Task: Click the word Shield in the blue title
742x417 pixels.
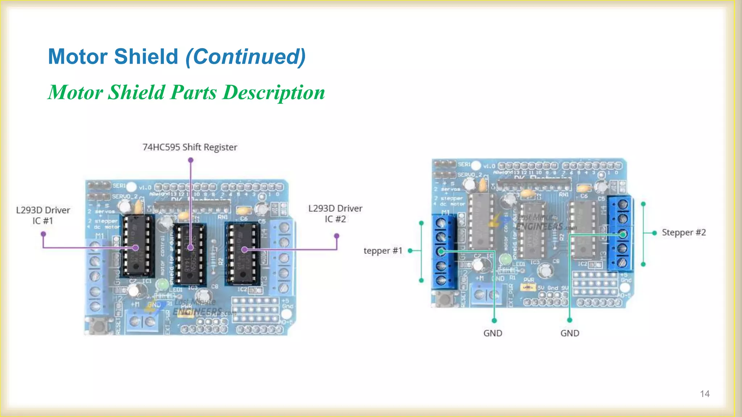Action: coord(146,57)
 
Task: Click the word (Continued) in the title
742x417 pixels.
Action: coord(246,57)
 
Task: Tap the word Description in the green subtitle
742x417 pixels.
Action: coord(274,92)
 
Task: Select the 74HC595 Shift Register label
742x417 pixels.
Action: coord(190,147)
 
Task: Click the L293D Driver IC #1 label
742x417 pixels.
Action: coord(43,215)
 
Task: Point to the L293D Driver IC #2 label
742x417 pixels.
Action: coord(335,214)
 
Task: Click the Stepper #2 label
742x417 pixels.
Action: coord(684,232)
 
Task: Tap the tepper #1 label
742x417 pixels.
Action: coord(383,251)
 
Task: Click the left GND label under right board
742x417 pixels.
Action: coord(493,333)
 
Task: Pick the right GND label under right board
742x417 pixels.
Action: coord(570,333)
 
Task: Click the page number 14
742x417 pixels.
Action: coord(705,394)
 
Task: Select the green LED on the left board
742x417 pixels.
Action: coord(162,285)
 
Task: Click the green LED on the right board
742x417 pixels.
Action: coord(505,259)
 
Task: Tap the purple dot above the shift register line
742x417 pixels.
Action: coord(191,160)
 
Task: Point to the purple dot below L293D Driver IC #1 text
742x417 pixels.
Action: coord(43,234)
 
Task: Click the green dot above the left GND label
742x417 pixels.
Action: coord(494,320)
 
